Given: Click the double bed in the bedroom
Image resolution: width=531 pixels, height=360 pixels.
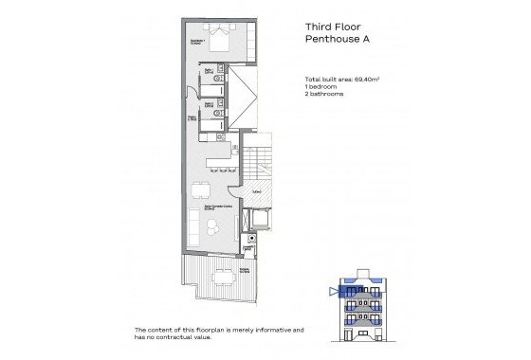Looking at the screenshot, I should click(x=218, y=40).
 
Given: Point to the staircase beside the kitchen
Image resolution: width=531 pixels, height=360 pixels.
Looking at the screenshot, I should click(x=262, y=166).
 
